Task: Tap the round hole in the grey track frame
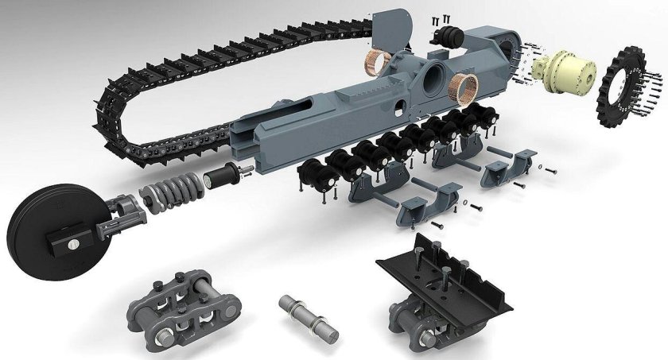pyautogui.click(x=436, y=80)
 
